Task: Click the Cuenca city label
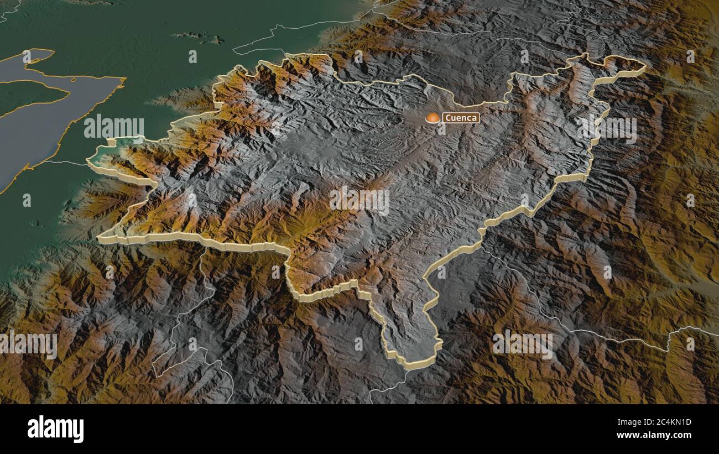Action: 460,118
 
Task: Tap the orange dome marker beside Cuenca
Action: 433,118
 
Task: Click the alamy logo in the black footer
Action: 55,429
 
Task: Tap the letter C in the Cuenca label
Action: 448,118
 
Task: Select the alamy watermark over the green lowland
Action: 114,128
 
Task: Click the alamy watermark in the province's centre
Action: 359,200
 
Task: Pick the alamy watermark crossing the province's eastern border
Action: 607,128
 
